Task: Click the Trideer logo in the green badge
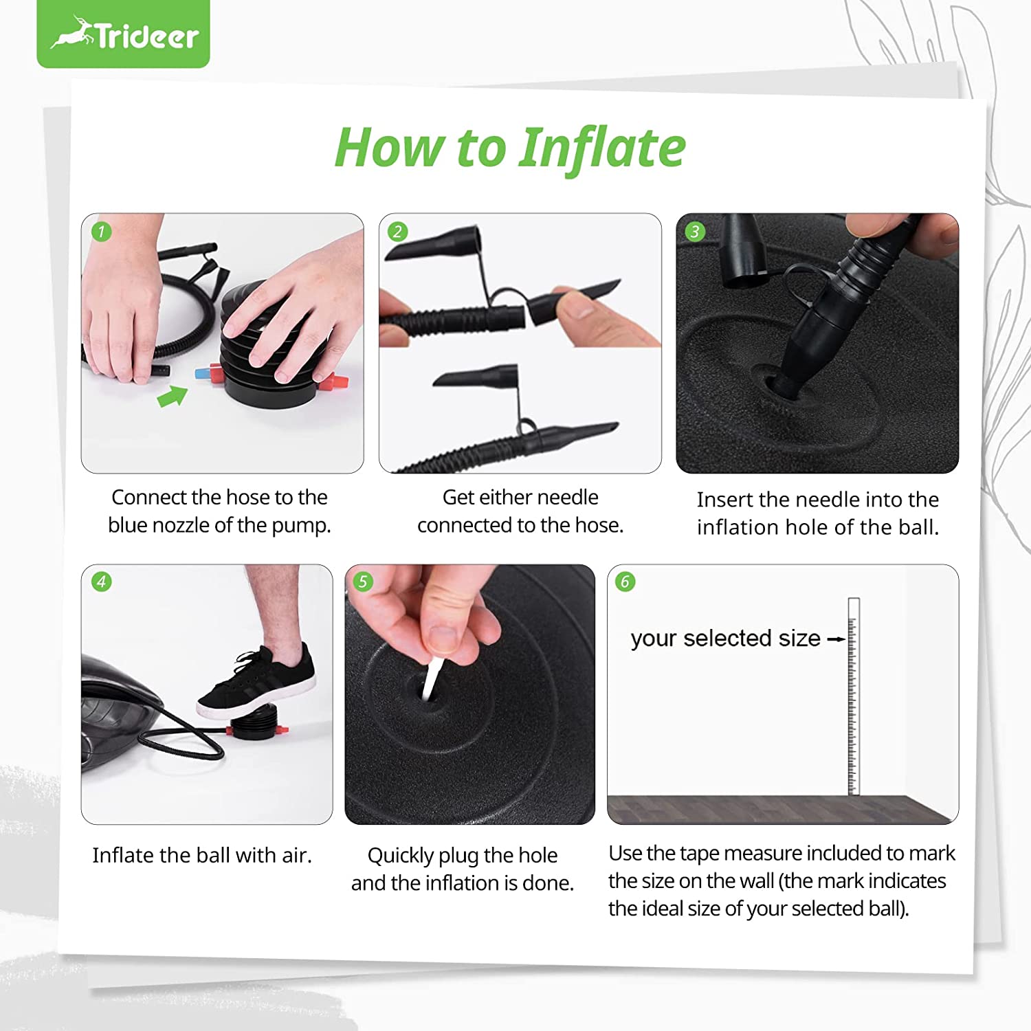click(x=124, y=34)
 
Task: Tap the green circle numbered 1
click(x=101, y=232)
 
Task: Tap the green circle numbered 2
click(x=397, y=232)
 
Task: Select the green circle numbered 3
click(x=695, y=232)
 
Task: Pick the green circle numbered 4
click(x=102, y=582)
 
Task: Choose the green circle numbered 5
click(x=363, y=582)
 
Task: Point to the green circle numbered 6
click(x=625, y=582)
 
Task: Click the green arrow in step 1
click(x=173, y=396)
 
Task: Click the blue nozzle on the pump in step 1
click(x=202, y=374)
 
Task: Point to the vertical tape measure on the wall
click(x=854, y=696)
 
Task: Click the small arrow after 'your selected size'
click(x=836, y=639)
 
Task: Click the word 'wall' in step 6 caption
click(x=756, y=881)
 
